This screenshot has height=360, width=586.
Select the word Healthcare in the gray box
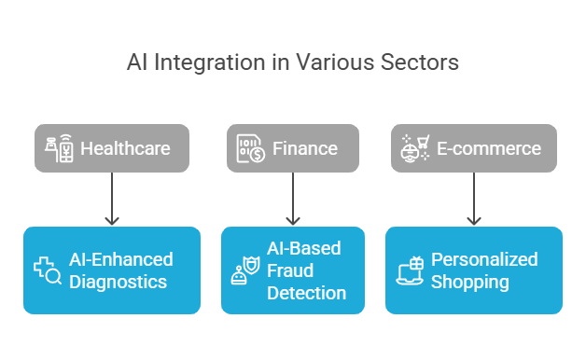click(x=125, y=148)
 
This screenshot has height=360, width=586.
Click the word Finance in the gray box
click(x=304, y=148)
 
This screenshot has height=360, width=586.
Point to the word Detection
click(x=306, y=293)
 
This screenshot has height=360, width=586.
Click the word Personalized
click(x=484, y=259)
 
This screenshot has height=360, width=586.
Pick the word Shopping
click(x=470, y=282)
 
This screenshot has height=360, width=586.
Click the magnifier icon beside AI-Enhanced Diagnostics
click(x=48, y=270)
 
